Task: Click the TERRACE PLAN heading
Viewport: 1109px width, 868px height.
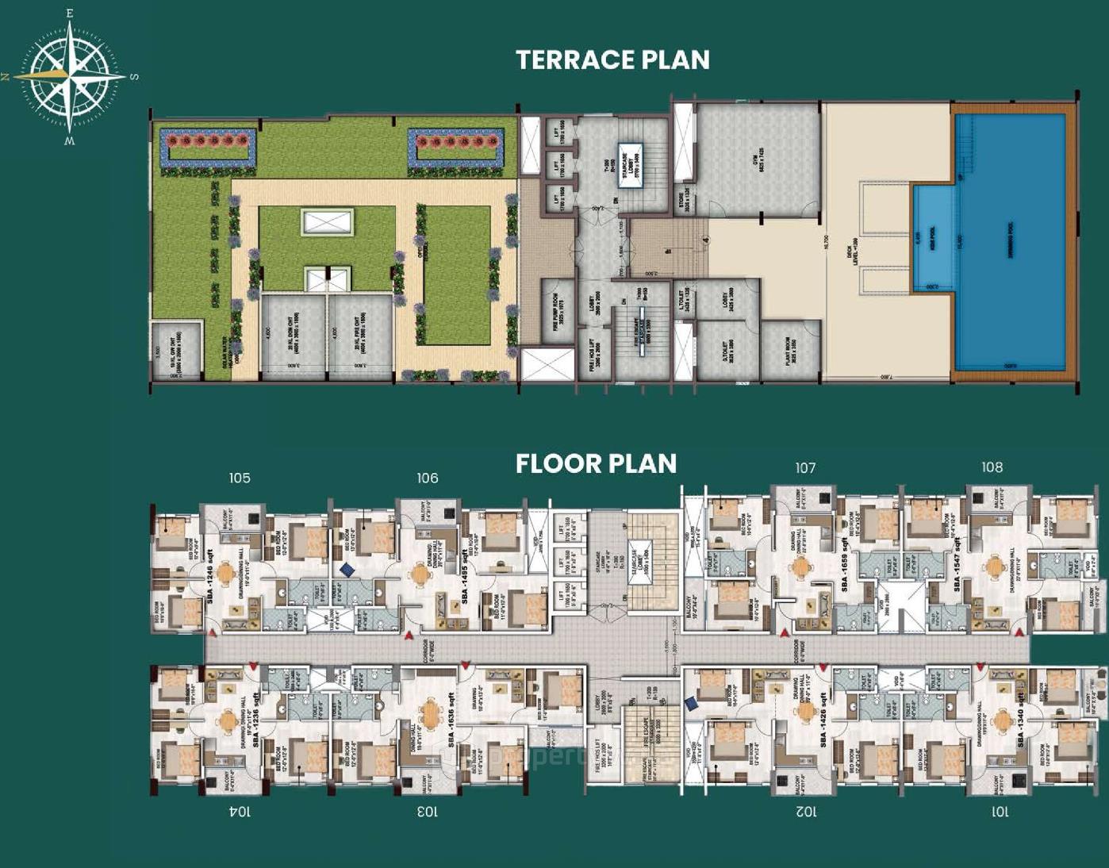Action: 612,60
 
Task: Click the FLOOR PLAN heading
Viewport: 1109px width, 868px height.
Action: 596,464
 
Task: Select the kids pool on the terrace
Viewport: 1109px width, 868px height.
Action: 933,238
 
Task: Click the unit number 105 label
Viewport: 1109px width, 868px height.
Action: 240,478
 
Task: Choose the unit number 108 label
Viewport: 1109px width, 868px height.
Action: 992,467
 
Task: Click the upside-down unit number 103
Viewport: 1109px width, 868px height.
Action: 427,811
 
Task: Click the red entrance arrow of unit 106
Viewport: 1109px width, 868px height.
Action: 409,636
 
